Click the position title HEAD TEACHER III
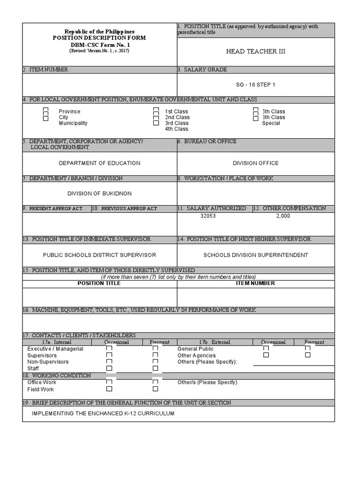click(x=255, y=52)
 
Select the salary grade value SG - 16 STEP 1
click(x=255, y=85)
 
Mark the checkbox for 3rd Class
click(x=156, y=123)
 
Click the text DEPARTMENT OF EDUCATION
click(x=99, y=163)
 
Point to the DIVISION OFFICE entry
click(x=255, y=163)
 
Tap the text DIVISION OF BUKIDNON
click(x=99, y=194)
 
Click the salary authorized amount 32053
click(x=208, y=216)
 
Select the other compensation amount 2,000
click(x=283, y=216)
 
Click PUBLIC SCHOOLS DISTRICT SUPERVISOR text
click(x=99, y=255)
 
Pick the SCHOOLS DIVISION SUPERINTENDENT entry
click(x=255, y=255)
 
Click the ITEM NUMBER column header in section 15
click(x=255, y=283)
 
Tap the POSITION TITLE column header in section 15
click(x=99, y=283)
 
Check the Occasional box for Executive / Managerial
click(x=109, y=349)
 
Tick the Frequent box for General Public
click(x=307, y=349)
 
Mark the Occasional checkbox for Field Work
click(x=109, y=389)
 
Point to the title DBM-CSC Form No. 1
click(x=99, y=45)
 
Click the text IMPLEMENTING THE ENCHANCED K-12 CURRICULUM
click(x=103, y=413)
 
